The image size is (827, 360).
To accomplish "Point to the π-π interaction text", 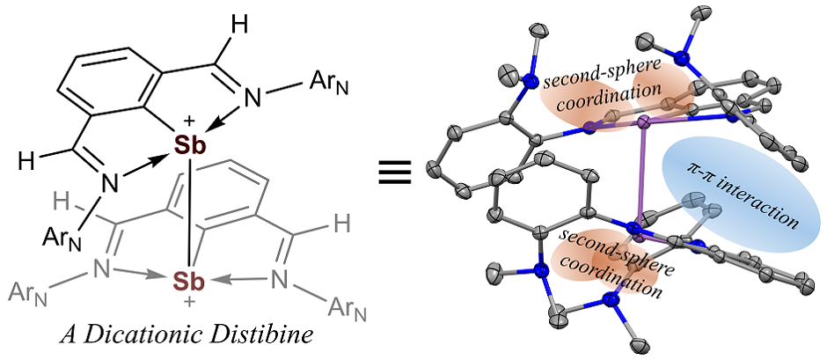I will pyautogui.click(x=743, y=193).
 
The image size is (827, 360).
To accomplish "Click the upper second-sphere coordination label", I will pyautogui.click(x=603, y=91).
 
